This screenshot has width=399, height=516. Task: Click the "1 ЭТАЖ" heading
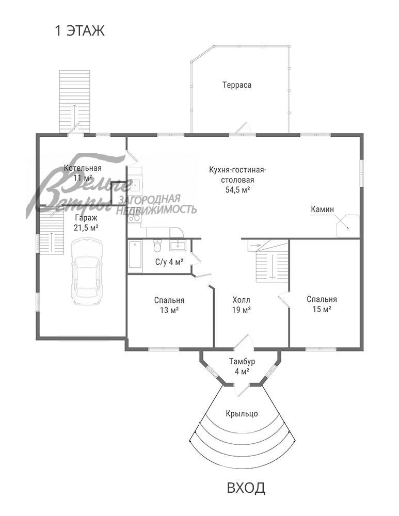click(x=79, y=31)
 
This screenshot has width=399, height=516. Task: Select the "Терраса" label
click(x=237, y=85)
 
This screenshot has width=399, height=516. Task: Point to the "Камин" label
click(x=322, y=209)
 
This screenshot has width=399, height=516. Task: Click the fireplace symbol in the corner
click(x=347, y=225)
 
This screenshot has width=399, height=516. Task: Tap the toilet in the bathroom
click(x=157, y=246)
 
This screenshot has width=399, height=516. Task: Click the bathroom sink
click(x=178, y=245)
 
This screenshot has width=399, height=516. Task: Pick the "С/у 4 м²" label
click(x=169, y=262)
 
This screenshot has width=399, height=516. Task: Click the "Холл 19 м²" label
click(x=241, y=305)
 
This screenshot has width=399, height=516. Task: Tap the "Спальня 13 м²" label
click(x=169, y=305)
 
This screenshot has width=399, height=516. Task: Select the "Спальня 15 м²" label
click(x=322, y=304)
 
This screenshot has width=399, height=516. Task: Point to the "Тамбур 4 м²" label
click(x=242, y=366)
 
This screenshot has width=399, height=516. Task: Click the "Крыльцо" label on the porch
click(x=242, y=414)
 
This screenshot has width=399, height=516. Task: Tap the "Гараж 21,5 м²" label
click(x=86, y=222)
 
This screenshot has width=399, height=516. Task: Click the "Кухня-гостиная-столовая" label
click(x=237, y=175)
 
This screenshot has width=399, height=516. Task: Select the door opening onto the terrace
click(x=243, y=129)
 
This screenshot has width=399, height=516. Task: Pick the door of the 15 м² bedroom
click(x=284, y=300)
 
